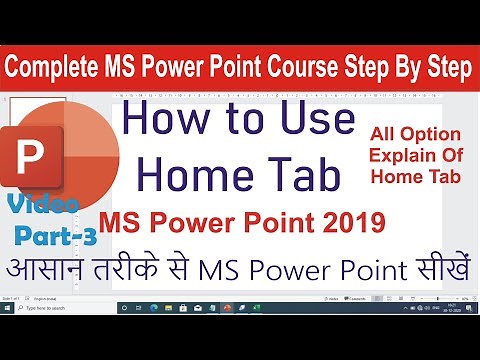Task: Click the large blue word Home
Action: pyautogui.click(x=198, y=174)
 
